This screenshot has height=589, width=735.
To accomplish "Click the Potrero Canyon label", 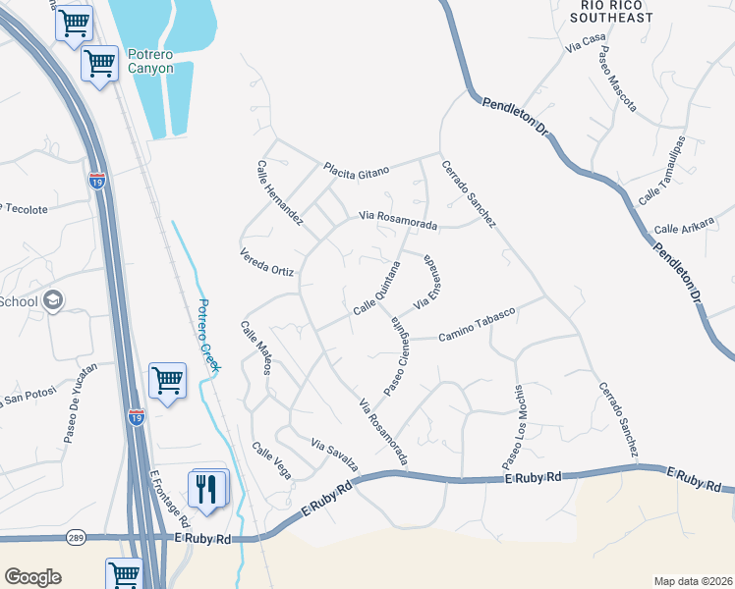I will [x=150, y=61].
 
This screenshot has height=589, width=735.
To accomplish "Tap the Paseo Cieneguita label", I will [x=397, y=353].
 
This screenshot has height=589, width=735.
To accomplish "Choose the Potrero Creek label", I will [x=208, y=335].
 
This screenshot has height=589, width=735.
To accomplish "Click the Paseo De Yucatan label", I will [x=82, y=402].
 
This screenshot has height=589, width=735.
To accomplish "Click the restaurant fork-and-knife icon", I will [x=206, y=489].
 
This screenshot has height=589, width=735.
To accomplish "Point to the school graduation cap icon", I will [x=54, y=300].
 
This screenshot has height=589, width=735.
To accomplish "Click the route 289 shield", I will [x=76, y=537].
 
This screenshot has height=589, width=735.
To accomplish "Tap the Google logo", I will [x=33, y=577].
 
